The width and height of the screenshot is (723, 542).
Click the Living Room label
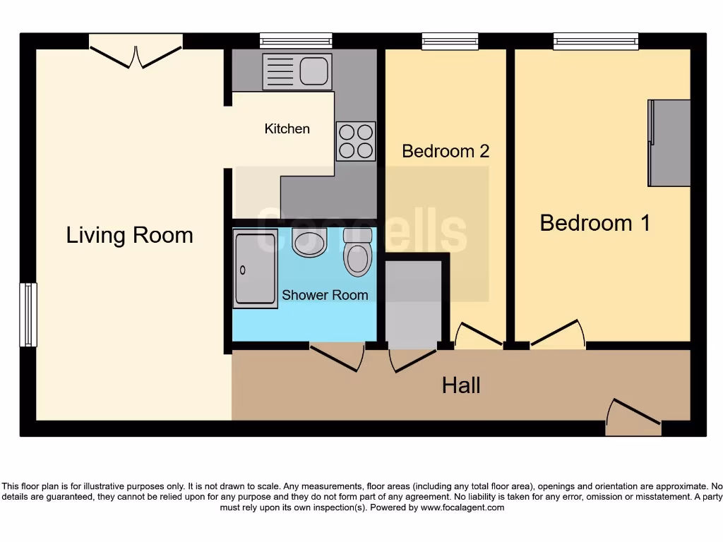point(129,235)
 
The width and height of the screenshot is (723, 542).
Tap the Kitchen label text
point(287,128)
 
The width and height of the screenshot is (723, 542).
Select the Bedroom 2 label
point(446,151)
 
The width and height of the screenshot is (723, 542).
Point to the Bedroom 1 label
point(594,223)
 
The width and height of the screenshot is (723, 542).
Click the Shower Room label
point(325,295)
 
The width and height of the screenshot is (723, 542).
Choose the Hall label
point(461,385)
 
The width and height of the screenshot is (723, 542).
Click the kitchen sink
point(297,71)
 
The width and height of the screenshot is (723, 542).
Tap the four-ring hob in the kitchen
point(356,141)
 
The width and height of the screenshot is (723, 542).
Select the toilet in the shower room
point(357,253)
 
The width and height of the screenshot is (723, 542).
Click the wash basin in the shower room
point(309,243)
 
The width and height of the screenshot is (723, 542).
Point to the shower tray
point(255,268)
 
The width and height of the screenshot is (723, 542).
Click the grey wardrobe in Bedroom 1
point(669,143)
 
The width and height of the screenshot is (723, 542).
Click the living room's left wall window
point(28,315)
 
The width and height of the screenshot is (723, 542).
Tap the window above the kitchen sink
point(295,41)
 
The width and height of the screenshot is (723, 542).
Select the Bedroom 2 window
point(445,42)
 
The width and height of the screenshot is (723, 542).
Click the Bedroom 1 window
point(596,42)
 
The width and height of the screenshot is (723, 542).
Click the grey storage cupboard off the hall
point(413,303)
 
